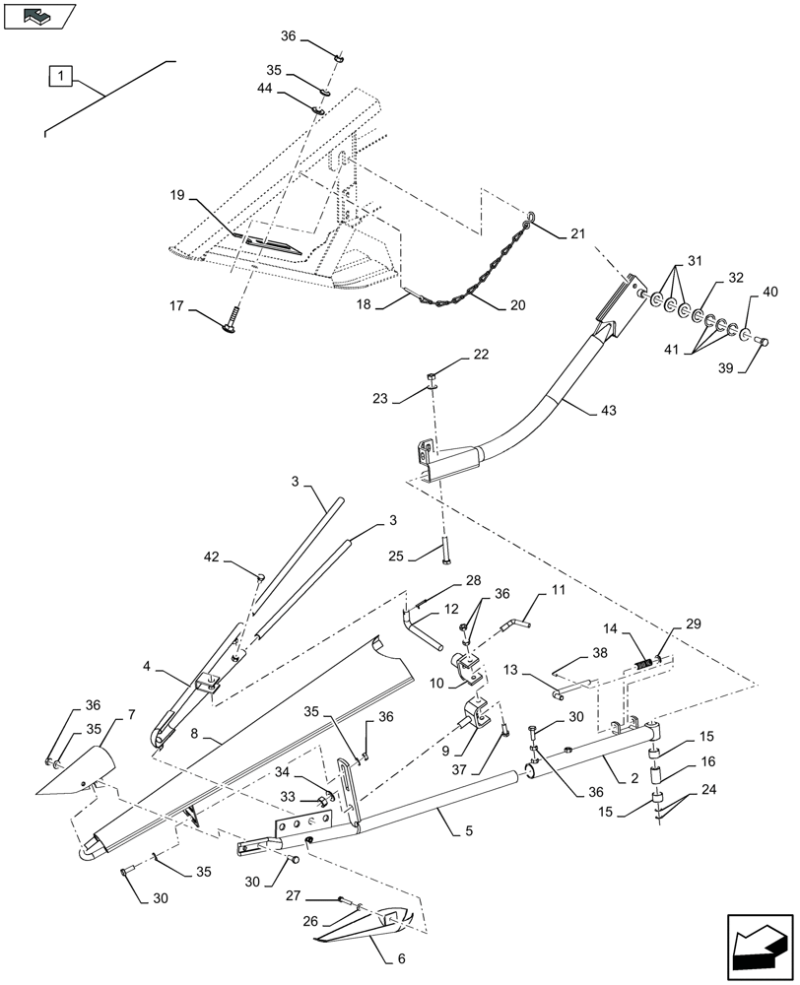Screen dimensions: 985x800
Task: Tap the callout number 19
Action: click(x=177, y=196)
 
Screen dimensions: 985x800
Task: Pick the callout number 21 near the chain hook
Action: click(x=576, y=234)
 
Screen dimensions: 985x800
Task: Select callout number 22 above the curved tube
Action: click(x=452, y=354)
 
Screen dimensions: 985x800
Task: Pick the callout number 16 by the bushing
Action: click(x=706, y=761)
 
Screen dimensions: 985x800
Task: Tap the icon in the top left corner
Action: click(x=37, y=16)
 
